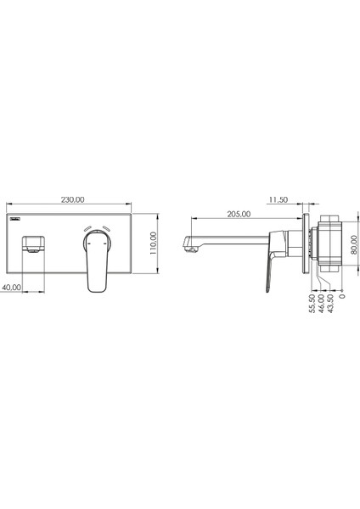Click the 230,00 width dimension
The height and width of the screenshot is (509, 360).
[72, 199]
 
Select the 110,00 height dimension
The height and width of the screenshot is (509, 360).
[154, 243]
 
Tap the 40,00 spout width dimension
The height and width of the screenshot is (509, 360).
[11, 288]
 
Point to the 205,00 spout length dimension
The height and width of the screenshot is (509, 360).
[239, 214]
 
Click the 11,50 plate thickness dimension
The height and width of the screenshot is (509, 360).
[278, 199]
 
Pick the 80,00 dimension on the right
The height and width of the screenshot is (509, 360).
[354, 245]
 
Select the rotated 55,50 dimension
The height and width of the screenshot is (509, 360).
[312, 304]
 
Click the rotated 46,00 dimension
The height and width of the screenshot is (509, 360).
[321, 304]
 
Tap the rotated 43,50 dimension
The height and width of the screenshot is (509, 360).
[330, 304]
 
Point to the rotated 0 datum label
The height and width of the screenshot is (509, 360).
[342, 296]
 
